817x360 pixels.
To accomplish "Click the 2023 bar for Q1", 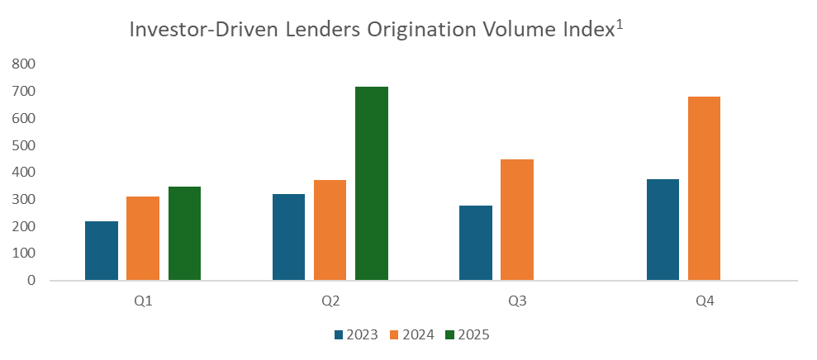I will tap(102, 250).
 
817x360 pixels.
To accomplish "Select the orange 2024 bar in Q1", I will tap(143, 238).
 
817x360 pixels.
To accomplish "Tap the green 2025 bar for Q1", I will tap(184, 233).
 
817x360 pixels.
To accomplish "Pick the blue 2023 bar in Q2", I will tap(288, 237).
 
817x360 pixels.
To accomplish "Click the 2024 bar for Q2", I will tap(330, 230).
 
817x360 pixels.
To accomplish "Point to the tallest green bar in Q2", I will tap(372, 183).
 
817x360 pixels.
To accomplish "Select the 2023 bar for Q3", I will tap(476, 243).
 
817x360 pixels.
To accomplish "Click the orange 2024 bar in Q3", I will tap(517, 220).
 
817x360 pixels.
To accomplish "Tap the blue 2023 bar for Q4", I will tap(663, 230).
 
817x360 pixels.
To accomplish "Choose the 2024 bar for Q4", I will tap(704, 188).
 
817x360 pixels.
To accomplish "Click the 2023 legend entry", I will tap(356, 335).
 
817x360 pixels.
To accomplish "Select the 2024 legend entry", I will tap(412, 335).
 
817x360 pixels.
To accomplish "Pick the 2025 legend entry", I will tap(468, 335).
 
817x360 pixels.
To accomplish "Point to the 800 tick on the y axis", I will tap(25, 64).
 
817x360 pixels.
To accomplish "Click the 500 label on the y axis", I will tap(25, 145).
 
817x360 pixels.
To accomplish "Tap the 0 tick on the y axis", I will tap(31, 281).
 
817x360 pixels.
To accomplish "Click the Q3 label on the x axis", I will tap(517, 301).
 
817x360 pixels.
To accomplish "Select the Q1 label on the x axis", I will tap(143, 301).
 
